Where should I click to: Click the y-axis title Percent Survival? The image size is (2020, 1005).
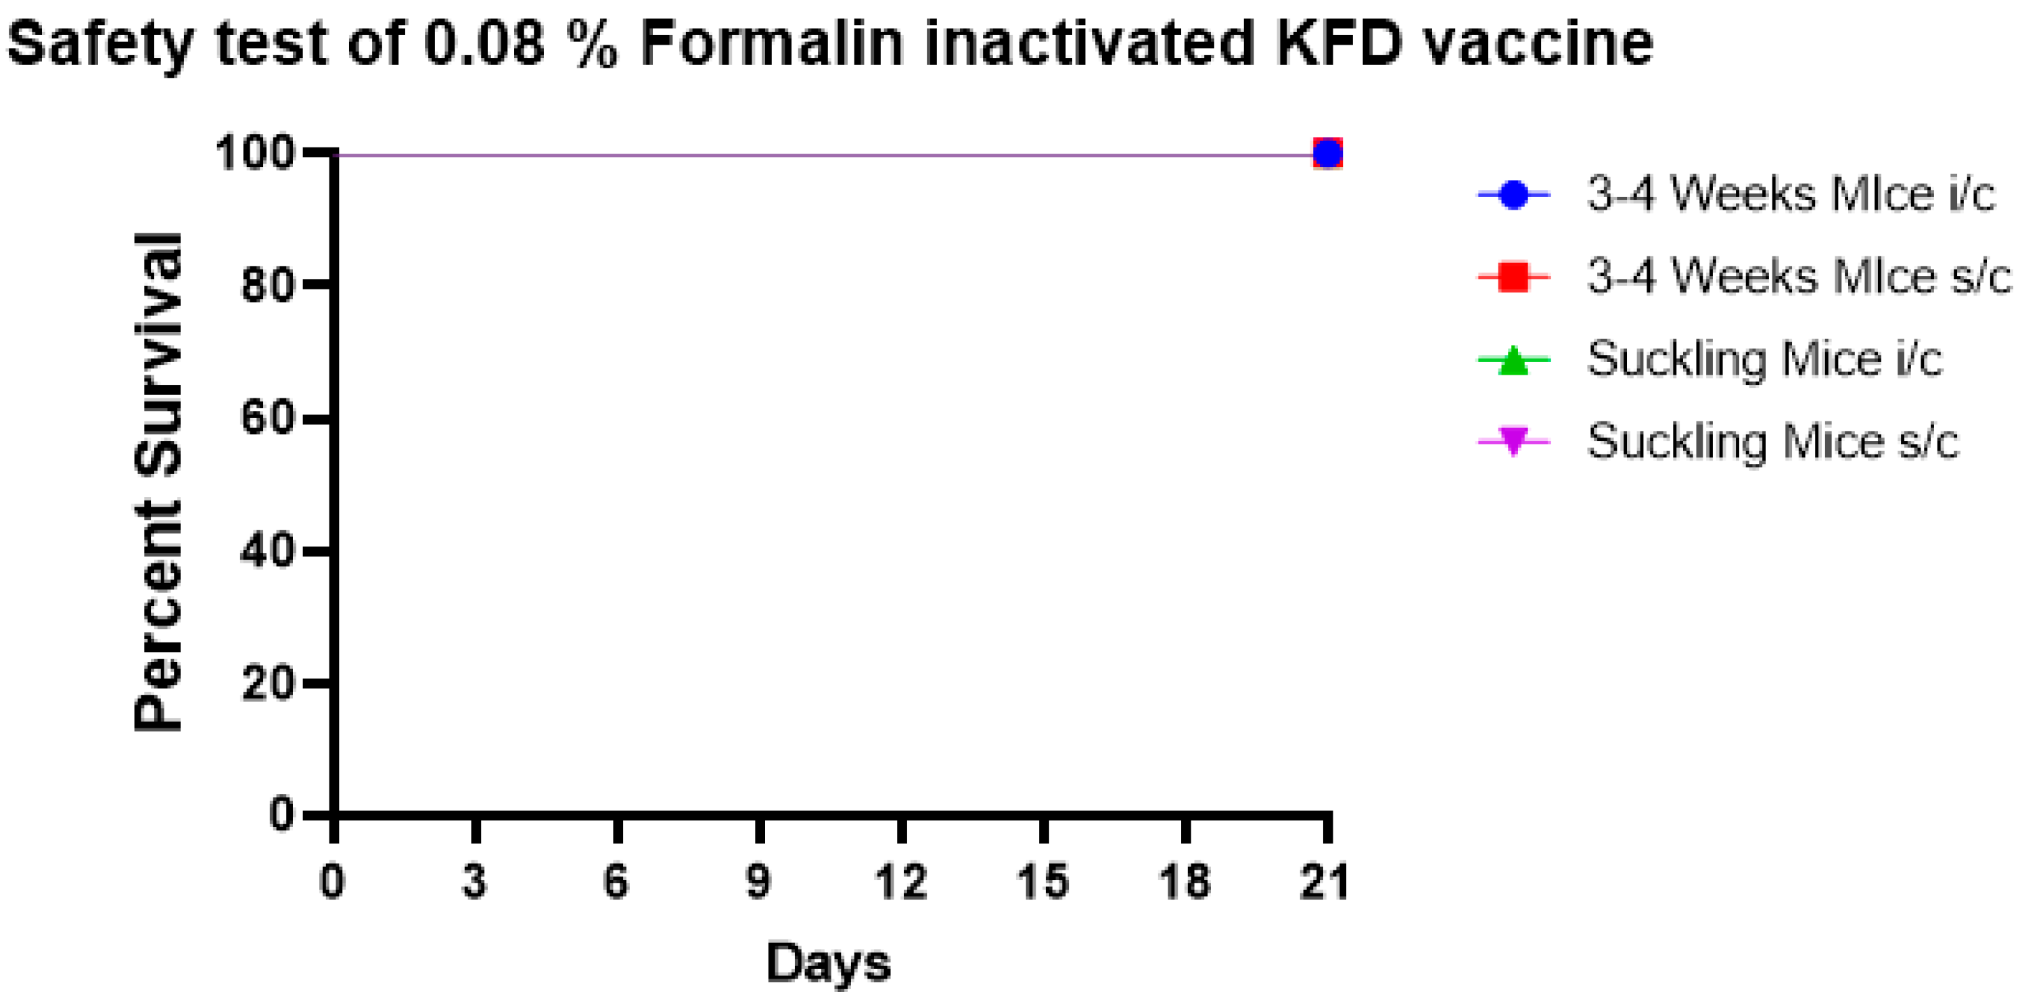click(158, 482)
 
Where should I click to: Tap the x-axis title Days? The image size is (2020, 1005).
click(828, 962)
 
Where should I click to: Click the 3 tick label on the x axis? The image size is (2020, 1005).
click(474, 881)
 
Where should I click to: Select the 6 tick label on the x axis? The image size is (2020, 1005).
click(616, 881)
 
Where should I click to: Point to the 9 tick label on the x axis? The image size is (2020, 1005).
click(758, 881)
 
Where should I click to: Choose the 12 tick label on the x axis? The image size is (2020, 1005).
click(901, 881)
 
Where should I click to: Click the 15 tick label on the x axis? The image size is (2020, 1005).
click(1043, 881)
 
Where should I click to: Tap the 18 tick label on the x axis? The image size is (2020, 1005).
click(1185, 881)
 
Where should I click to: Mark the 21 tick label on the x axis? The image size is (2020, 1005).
click(1325, 881)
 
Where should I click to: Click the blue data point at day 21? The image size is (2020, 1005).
click(1327, 154)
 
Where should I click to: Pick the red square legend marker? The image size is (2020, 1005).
click(1513, 277)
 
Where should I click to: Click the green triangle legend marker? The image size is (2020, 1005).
click(1513, 360)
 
